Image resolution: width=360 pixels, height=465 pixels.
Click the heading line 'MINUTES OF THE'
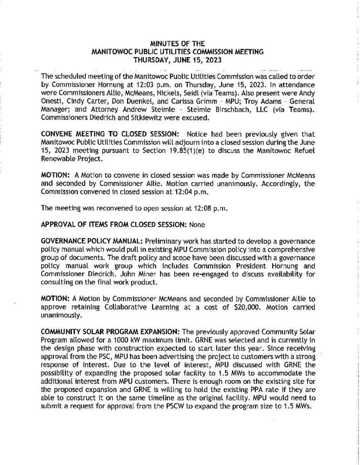click(x=181, y=44)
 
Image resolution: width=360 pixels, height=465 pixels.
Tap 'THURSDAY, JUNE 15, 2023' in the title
click(x=181, y=59)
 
